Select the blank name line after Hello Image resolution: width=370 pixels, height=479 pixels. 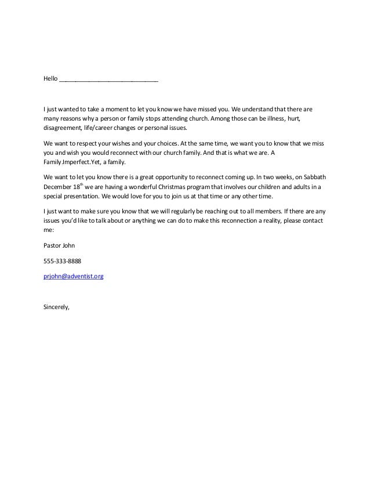(108, 80)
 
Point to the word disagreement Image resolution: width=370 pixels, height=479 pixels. (63, 129)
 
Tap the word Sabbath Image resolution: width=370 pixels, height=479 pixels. (304, 177)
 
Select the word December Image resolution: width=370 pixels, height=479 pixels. (58, 188)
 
